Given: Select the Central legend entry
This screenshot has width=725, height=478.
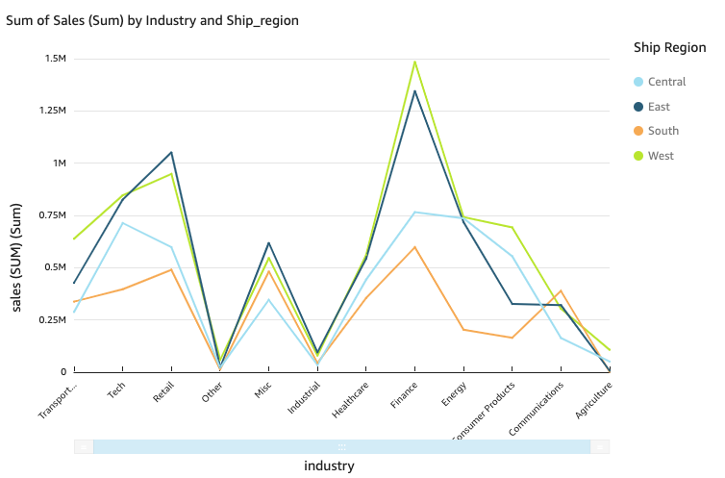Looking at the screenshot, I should (666, 82).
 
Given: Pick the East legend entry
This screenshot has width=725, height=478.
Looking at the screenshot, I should (659, 107).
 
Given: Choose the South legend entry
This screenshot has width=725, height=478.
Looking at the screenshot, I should (662, 131).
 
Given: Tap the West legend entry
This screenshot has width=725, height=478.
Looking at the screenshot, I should (661, 156).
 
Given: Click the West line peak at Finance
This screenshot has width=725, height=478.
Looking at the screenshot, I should (414, 62).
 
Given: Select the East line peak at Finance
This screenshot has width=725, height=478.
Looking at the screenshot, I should (414, 91).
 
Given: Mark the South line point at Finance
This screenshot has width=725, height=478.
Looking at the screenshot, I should (414, 247).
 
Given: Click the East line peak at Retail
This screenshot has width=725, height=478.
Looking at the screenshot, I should (171, 152).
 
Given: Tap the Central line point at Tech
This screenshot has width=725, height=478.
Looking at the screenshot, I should (122, 223).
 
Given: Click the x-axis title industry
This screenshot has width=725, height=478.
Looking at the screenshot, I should (329, 466).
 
